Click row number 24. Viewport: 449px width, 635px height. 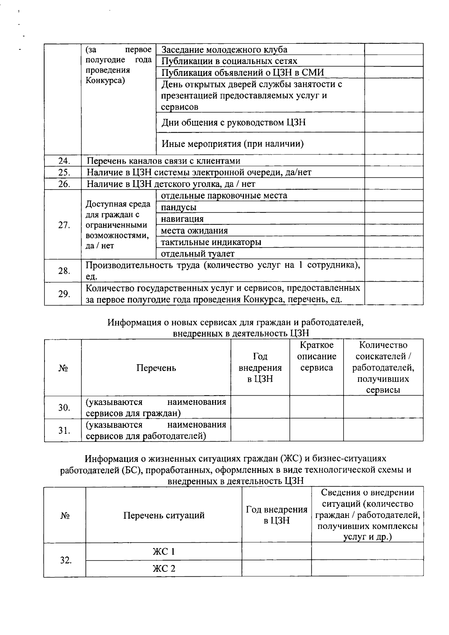click(64, 161)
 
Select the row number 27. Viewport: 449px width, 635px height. click(64, 225)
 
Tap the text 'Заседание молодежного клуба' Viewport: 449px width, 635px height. click(224, 50)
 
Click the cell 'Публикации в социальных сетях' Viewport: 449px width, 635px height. click(229, 61)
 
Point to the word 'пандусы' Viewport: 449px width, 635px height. click(178, 207)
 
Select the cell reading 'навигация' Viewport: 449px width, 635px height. click(182, 219)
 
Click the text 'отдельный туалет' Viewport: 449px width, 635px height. click(198, 254)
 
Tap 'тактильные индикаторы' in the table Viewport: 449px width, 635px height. click(211, 242)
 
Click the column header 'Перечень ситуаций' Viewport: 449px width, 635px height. click(164, 515)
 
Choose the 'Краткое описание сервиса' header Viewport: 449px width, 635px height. click(317, 356)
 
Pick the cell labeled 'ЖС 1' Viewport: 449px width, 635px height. click(164, 552)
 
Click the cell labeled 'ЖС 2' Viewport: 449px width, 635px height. click(164, 568)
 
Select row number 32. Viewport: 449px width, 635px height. click(66, 560)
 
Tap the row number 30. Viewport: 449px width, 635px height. click(64, 407)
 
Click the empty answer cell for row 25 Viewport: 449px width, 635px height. click(394, 172)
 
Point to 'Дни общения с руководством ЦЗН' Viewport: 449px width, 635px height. click(233, 122)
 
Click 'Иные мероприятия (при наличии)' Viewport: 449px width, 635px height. click(232, 144)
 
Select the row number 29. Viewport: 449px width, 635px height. click(64, 294)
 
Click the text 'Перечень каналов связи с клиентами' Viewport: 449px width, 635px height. click(164, 161)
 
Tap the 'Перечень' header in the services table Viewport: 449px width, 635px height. click(156, 368)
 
